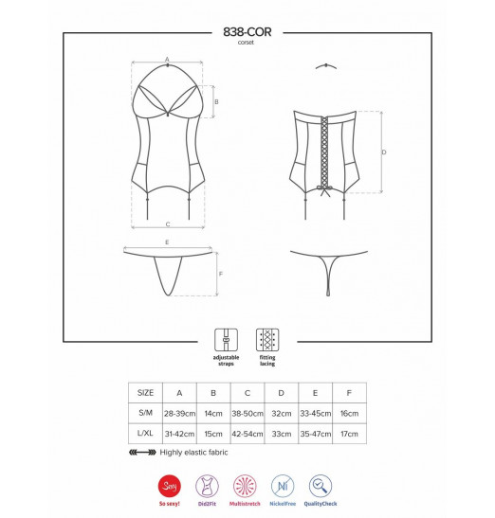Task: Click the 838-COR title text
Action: click(x=247, y=32)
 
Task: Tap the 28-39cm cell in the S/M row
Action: click(x=179, y=413)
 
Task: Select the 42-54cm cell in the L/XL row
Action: click(x=247, y=434)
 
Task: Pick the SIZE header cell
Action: click(x=146, y=393)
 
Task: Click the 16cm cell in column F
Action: click(x=349, y=413)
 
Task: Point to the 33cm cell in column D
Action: click(x=282, y=434)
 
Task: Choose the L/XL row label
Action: click(x=145, y=433)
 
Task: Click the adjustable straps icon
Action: click(x=226, y=340)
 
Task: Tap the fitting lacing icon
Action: click(x=267, y=340)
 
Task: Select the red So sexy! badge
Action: click(x=170, y=487)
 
